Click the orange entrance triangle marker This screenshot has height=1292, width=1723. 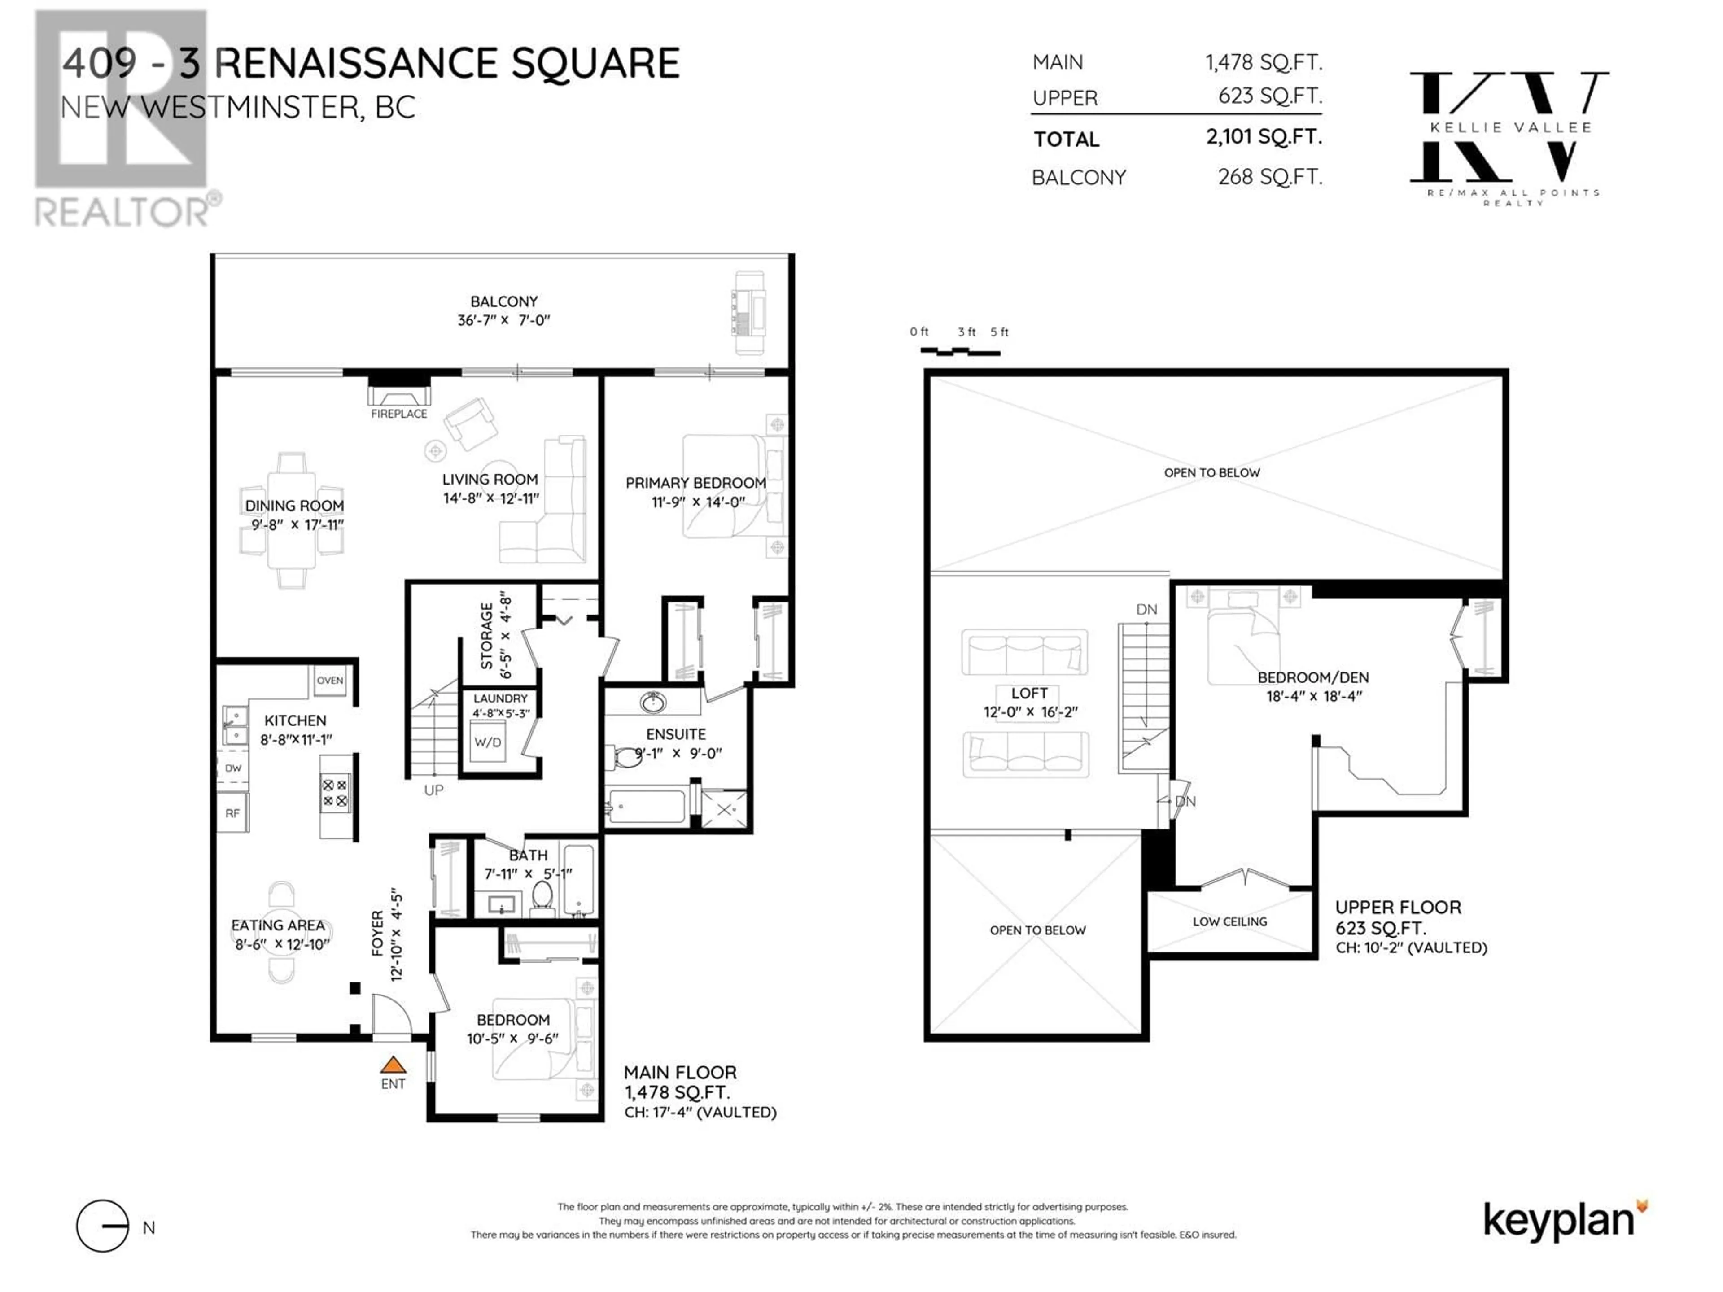click(x=394, y=1065)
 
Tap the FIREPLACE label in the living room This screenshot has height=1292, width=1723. click(x=399, y=414)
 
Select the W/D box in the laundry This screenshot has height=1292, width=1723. click(x=488, y=742)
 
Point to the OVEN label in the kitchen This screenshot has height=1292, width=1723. click(x=329, y=680)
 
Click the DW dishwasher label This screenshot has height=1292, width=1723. click(x=233, y=768)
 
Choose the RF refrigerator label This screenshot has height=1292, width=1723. click(x=232, y=813)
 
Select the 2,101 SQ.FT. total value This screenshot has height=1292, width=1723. click(x=1264, y=137)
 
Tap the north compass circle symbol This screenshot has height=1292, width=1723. click(x=102, y=1227)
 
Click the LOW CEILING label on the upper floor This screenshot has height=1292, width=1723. click(x=1230, y=921)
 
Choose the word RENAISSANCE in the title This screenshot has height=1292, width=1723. click(x=356, y=63)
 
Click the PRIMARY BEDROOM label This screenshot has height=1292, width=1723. click(x=695, y=483)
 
